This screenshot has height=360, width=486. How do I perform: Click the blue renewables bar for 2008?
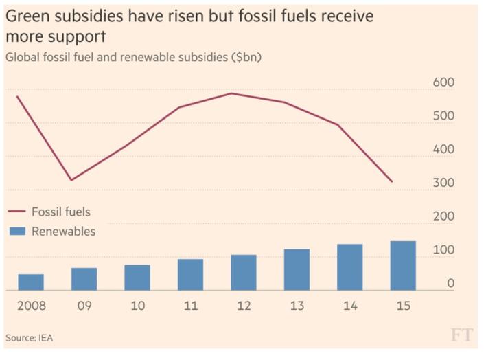(x=31, y=282)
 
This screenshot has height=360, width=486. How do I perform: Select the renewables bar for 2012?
(x=243, y=273)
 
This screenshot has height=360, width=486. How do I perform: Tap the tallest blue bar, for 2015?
(x=403, y=266)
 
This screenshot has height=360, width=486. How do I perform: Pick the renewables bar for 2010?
(x=137, y=278)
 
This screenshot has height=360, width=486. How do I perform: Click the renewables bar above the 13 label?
(x=297, y=270)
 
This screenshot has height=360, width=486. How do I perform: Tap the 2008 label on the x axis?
(x=32, y=306)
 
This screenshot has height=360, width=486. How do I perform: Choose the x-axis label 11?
(x=190, y=306)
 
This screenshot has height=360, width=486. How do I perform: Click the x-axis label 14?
(x=350, y=306)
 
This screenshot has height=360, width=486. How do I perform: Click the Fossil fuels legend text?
(x=61, y=212)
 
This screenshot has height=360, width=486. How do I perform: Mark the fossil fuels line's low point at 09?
(x=71, y=180)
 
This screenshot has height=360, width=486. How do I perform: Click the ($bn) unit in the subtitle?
(x=244, y=57)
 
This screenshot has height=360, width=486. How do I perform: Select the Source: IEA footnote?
(x=29, y=338)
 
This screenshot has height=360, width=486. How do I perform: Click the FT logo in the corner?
(x=463, y=336)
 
